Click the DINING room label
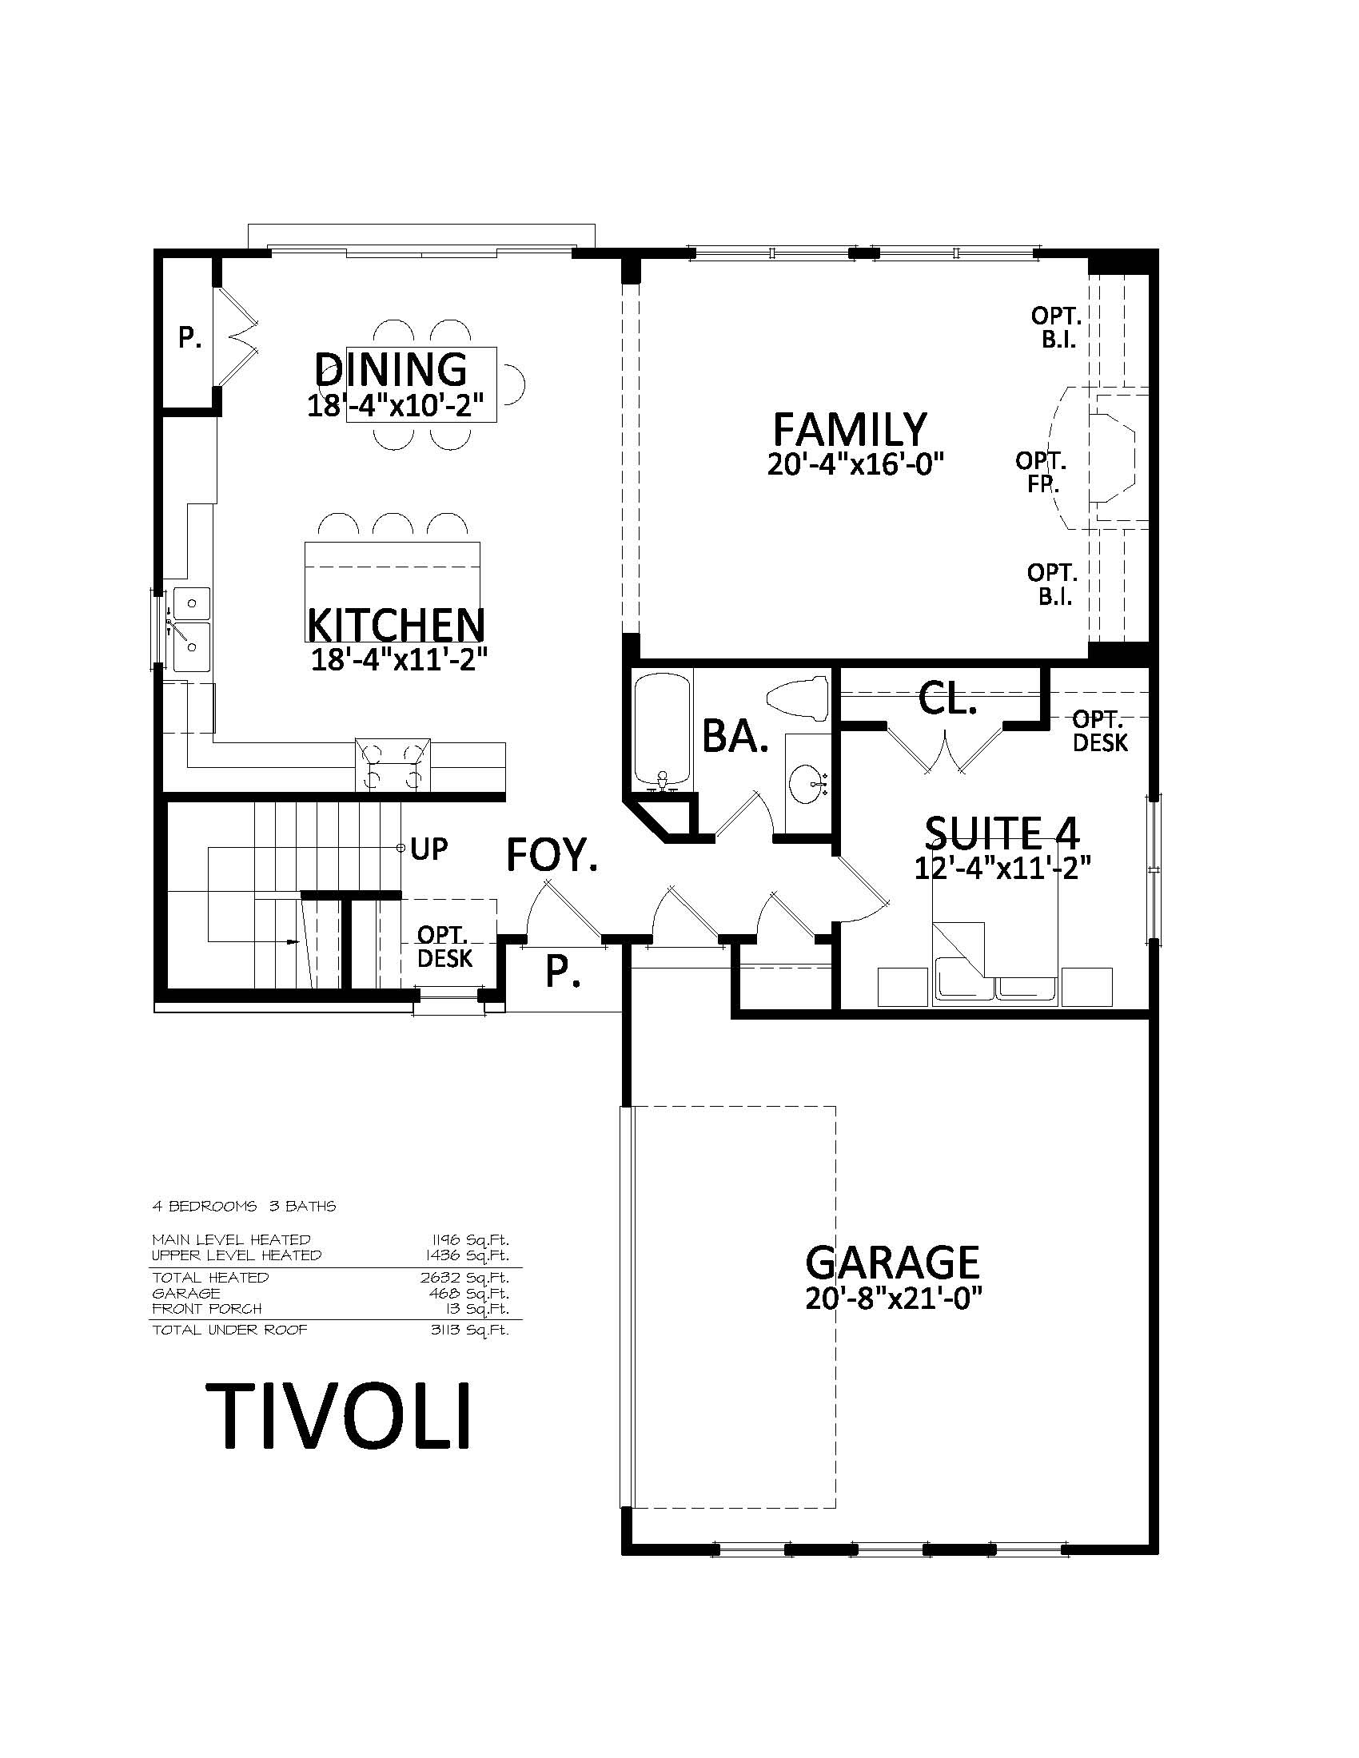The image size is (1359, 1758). pos(390,369)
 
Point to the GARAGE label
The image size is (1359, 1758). pos(892,1262)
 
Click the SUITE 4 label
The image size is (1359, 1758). pos(1002,833)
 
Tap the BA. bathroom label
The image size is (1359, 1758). pos(735,736)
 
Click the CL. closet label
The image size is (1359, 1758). pos(947,699)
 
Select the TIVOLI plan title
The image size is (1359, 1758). pos(338,1417)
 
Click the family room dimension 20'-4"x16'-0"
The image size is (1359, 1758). pos(855,464)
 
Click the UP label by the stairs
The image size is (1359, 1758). pos(429,849)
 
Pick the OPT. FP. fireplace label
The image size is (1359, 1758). pos(1042,472)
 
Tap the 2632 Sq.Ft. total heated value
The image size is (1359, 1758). pos(464,1278)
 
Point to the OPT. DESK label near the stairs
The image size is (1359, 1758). pos(445,947)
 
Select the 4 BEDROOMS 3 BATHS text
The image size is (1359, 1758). pos(244,1206)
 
